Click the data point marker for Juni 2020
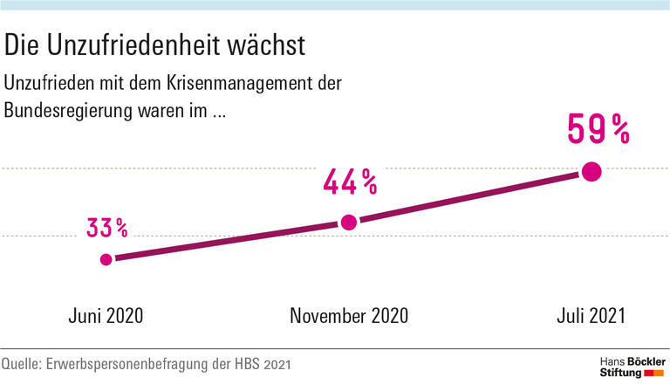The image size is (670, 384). click(x=106, y=259)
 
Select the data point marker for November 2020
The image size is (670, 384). click(x=348, y=223)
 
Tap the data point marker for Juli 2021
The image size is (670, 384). click(x=591, y=172)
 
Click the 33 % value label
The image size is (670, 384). click(x=107, y=228)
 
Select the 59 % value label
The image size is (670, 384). click(x=598, y=128)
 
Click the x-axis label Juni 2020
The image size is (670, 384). click(x=106, y=316)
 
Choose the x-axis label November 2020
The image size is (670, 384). click(x=348, y=316)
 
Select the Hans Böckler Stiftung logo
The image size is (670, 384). click(x=631, y=367)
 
